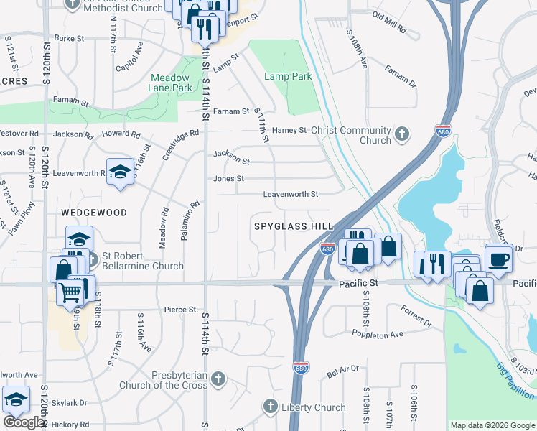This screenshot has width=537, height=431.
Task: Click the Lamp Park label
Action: tap(287, 76)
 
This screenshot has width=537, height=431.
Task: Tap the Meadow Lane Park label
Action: tap(171, 83)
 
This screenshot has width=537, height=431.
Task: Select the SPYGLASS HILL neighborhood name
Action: tap(294, 226)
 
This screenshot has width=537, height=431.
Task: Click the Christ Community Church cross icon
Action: tap(402, 134)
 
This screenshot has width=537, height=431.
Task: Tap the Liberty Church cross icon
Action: tap(270, 407)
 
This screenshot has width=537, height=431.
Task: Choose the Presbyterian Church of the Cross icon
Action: tap(218, 378)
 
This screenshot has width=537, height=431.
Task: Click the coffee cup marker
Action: tap(498, 258)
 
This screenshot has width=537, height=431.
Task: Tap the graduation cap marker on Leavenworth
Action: tap(121, 172)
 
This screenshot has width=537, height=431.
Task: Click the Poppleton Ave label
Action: tap(378, 335)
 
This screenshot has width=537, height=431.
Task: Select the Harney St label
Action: tap(289, 130)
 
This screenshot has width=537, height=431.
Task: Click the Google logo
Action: tap(24, 422)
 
